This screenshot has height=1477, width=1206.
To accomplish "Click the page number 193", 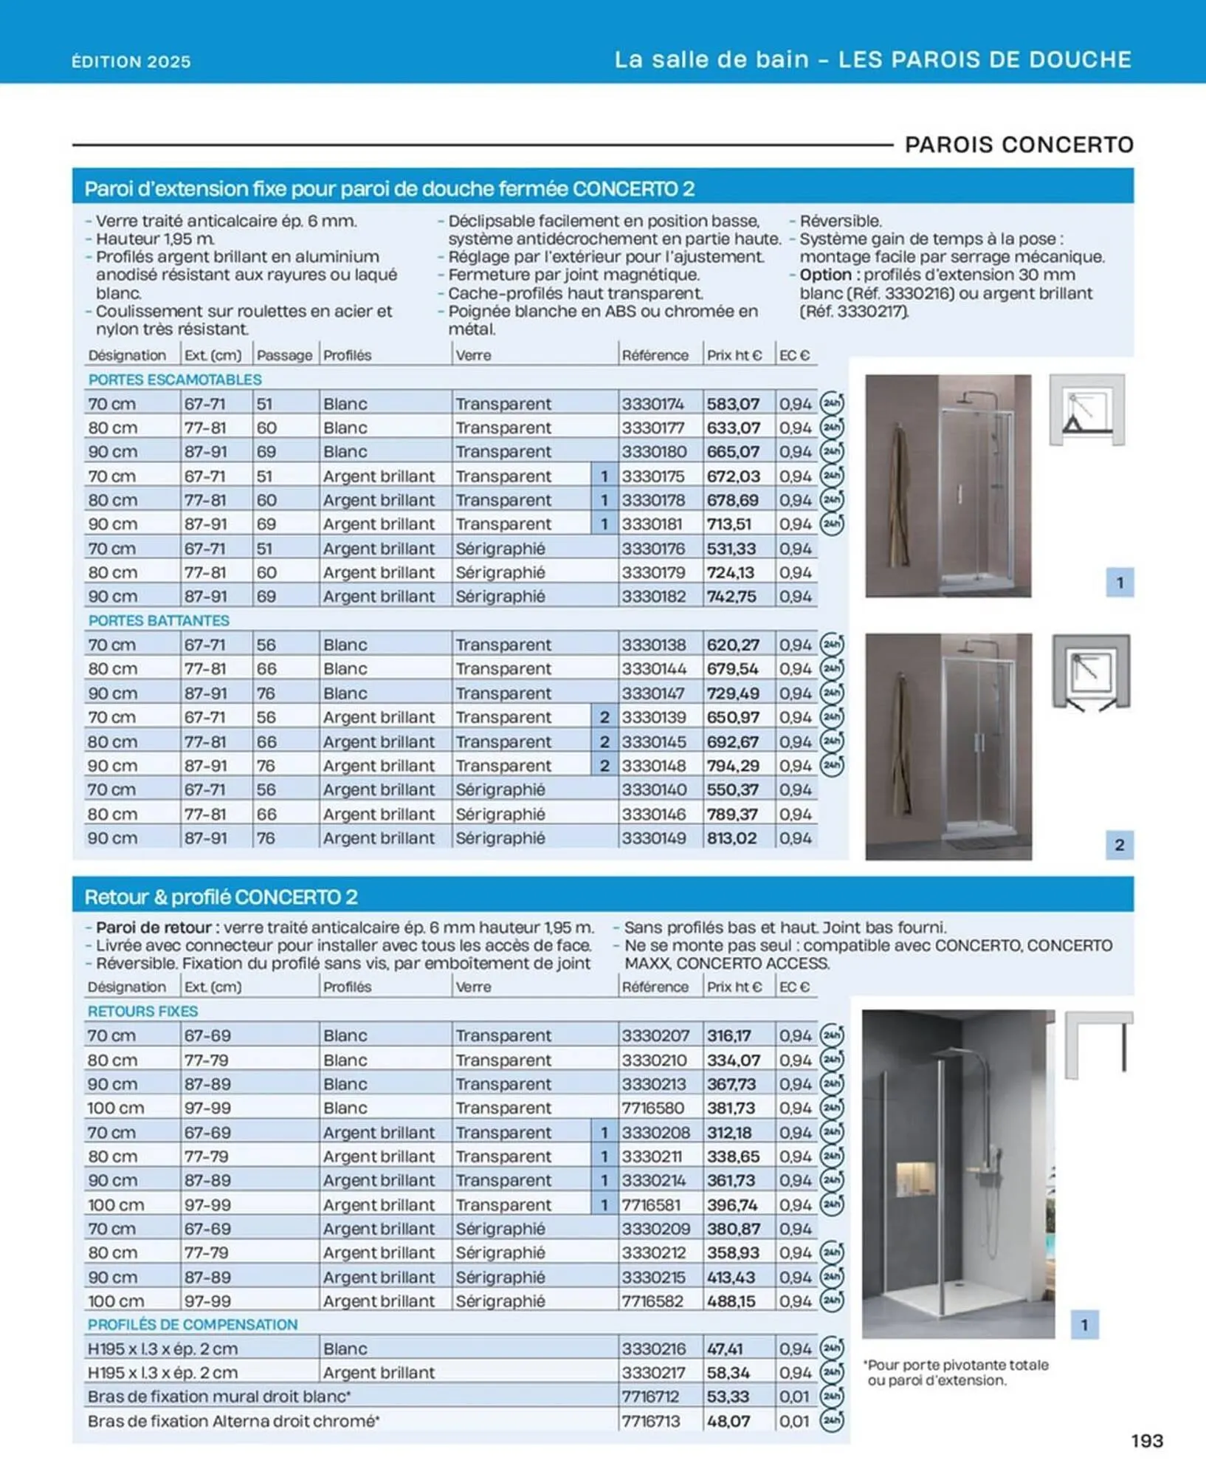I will pos(1146,1440).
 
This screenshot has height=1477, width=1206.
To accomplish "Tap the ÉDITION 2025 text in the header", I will pos(131,61).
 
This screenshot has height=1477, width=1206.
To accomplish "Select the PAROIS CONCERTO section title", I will pos(1019,145).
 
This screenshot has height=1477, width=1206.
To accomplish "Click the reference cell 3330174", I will pos(652,404).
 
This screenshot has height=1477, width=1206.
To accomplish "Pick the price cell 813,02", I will pos(731,838).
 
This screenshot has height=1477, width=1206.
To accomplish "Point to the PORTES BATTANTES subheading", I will pos(159,620).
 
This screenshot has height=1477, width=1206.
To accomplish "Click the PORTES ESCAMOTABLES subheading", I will pos(175,380).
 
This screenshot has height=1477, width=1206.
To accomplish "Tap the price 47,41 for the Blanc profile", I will pos(725,1349).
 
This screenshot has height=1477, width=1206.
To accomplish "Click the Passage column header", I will pos(284,355).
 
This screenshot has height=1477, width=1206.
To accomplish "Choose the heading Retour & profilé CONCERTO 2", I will pos(221,897).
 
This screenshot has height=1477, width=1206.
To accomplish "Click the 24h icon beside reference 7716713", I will pos(832,1420).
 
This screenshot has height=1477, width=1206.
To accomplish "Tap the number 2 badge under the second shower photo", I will pos(1119,845).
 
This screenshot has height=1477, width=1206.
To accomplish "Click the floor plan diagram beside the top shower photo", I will pos(1087,410).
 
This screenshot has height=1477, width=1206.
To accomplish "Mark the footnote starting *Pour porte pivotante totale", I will pos(957,1372).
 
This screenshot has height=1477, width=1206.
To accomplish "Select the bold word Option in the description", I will pos(825,275).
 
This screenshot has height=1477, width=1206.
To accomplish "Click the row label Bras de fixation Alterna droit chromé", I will pos(233,1421).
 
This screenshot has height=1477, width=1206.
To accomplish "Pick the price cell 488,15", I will pos(731,1300).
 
